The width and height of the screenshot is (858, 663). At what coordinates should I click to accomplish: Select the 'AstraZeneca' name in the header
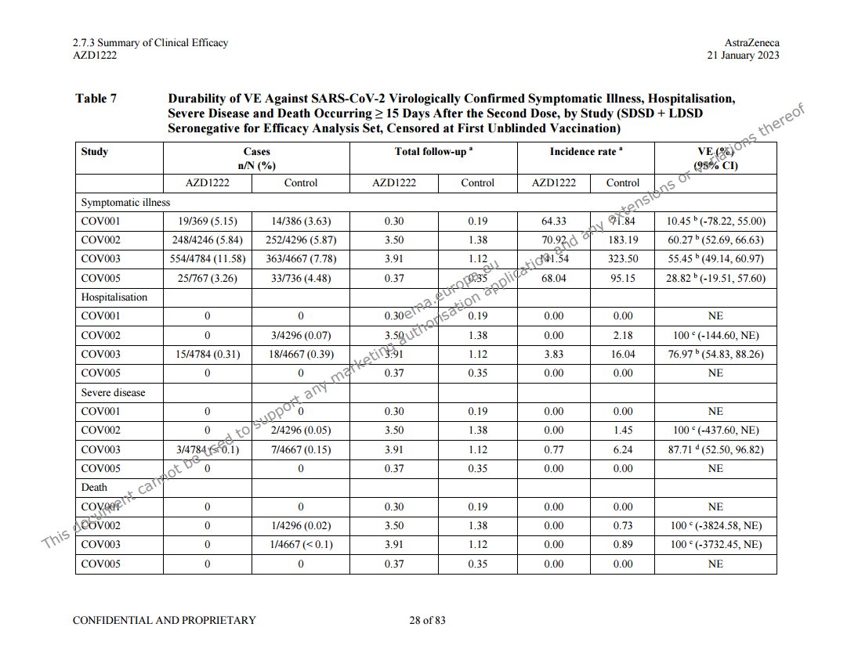[752, 43]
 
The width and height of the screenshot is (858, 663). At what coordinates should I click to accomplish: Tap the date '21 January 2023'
[743, 56]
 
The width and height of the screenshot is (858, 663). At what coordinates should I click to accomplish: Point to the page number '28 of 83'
[427, 621]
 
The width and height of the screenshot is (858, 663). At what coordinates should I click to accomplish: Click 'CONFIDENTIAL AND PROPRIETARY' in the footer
[164, 621]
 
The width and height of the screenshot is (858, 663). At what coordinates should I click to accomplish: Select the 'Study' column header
[95, 152]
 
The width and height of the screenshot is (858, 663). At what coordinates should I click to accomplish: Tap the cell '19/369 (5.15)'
[208, 222]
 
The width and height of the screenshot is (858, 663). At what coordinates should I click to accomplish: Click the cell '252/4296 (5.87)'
[301, 240]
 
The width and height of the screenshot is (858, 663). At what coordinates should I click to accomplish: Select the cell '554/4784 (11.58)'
[208, 259]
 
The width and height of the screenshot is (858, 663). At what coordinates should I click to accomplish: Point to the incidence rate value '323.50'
[623, 259]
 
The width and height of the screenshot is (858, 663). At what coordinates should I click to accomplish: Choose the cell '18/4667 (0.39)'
[301, 355]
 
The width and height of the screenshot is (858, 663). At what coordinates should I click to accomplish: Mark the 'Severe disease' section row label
[114, 392]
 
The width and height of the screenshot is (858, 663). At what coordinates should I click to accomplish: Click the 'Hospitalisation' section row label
[114, 297]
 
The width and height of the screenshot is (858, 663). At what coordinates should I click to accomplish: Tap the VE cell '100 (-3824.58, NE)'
[715, 526]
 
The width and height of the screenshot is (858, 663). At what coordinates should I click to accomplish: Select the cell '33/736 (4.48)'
[301, 278]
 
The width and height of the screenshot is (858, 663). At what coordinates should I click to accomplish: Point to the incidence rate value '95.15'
[623, 278]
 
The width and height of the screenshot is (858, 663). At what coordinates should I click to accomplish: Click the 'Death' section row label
[95, 488]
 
